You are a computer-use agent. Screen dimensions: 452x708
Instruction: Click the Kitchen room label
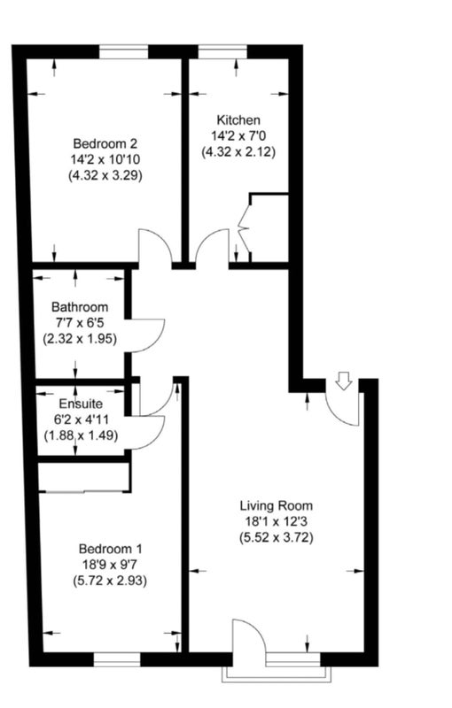click(x=238, y=120)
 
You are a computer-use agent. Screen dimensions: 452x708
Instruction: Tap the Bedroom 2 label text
click(x=105, y=143)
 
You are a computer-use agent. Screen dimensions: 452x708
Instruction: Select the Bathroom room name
click(x=80, y=307)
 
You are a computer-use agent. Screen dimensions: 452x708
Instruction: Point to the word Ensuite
click(x=81, y=404)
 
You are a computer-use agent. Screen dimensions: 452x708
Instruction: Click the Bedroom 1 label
click(x=110, y=549)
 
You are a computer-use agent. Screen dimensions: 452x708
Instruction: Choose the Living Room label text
click(x=277, y=505)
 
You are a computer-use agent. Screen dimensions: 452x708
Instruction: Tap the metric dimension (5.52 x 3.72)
click(x=277, y=538)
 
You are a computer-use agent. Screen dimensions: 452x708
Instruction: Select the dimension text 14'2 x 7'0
click(x=238, y=135)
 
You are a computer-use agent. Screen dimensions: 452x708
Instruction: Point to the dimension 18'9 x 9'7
click(x=110, y=565)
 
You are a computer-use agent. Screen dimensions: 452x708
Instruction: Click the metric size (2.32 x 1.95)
click(x=80, y=339)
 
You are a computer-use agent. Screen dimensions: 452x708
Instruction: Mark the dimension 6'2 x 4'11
click(x=81, y=419)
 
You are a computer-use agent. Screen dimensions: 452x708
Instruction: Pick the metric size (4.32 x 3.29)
click(x=105, y=175)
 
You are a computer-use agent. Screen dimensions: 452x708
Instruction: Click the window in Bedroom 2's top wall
click(x=124, y=52)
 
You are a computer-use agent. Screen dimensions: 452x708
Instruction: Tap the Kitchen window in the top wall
click(x=222, y=52)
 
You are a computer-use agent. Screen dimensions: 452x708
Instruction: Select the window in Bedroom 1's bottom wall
click(x=117, y=659)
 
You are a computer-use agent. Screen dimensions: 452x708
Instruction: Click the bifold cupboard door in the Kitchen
click(x=244, y=229)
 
